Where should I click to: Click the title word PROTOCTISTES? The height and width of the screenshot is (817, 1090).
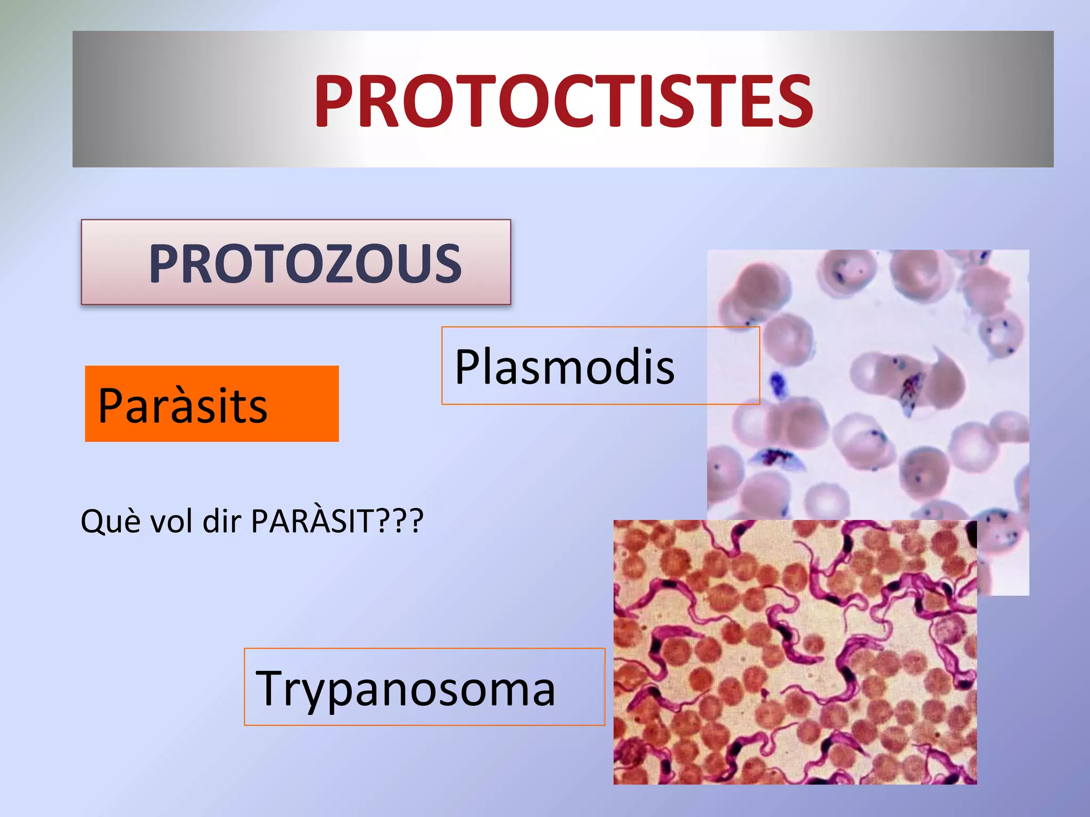click(563, 101)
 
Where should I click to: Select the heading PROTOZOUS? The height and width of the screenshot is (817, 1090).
click(304, 264)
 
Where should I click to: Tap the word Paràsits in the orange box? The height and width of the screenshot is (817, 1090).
click(183, 406)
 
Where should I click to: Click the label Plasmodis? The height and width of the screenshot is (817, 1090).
click(564, 367)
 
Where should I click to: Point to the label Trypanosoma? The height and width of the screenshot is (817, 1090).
click(406, 689)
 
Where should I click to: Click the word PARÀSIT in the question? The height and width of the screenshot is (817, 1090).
click(312, 521)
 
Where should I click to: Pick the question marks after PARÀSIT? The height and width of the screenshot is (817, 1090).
click(400, 521)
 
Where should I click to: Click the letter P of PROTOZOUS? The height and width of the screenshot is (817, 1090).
click(165, 264)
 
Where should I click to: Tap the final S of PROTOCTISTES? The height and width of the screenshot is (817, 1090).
click(793, 101)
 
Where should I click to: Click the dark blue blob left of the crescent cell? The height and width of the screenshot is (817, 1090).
click(778, 382)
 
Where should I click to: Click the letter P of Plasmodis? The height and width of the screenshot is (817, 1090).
click(467, 367)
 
